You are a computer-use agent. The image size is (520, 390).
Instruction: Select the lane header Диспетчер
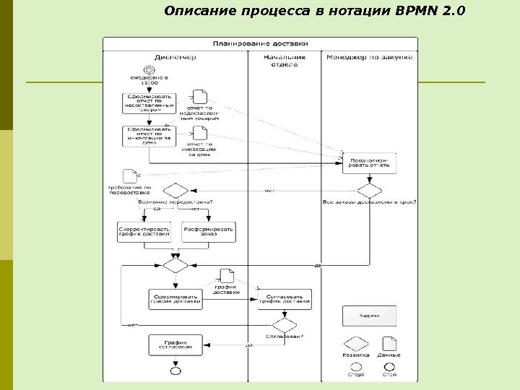point(175,57)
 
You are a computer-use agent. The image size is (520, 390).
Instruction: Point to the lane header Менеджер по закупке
point(369,57)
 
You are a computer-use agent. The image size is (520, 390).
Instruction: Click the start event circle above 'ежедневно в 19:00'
point(149,69)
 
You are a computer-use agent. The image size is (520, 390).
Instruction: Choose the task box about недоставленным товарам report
point(148,102)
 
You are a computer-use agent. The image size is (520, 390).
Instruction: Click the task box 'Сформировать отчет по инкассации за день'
point(148,135)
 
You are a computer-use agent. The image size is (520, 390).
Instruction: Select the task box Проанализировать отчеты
point(369,162)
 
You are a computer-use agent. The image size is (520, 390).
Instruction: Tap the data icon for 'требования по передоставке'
point(131,175)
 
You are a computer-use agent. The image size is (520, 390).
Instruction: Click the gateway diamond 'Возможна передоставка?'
point(175,190)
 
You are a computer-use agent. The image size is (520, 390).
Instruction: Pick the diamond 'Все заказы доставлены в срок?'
point(369,190)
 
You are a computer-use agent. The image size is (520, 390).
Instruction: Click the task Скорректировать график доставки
point(145,231)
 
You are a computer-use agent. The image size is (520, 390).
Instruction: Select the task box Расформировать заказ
point(209,231)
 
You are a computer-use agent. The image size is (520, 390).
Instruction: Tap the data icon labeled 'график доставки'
point(226,276)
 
